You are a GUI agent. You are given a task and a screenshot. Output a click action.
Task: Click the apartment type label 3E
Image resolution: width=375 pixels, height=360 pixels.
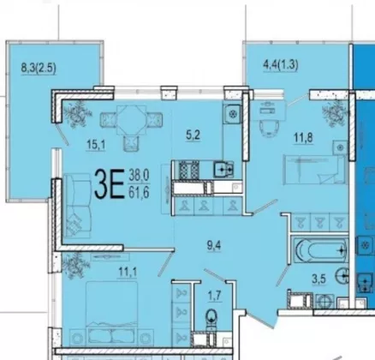pos(110,184)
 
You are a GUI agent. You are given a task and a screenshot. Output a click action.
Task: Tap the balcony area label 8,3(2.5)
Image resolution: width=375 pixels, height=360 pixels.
pos(39,69)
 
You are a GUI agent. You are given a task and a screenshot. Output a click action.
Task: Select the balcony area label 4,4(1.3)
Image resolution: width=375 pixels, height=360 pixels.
pos(281,65)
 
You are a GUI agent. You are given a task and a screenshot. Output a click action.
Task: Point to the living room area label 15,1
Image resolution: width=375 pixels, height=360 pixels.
pos(96,145)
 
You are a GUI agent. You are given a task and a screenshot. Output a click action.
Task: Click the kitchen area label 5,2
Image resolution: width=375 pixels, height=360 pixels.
pos(193,135)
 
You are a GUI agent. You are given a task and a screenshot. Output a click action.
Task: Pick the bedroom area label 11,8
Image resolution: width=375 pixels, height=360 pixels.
pos(303,137)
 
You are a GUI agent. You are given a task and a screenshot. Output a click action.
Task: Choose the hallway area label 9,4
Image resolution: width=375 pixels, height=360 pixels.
pos(214,245)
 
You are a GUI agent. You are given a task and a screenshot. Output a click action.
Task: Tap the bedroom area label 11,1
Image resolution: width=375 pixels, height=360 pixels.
pos(128,272)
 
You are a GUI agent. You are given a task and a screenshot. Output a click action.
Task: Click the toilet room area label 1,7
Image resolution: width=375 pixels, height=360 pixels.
pos(215,296)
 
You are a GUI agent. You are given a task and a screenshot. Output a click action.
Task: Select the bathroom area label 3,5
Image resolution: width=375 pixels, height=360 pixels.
pos(318,279)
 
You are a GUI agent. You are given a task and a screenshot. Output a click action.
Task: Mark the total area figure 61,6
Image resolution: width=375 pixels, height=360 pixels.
pos(139,193)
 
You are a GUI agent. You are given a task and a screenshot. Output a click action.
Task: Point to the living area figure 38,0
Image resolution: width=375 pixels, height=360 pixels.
pos(139,175)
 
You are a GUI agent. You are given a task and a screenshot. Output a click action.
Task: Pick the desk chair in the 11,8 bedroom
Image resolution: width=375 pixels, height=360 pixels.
pos(269,129)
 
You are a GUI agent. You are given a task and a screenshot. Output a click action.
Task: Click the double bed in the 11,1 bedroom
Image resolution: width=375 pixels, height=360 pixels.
pos(112,313)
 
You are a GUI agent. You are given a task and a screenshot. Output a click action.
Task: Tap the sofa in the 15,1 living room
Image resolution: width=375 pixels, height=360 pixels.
pos(77,206)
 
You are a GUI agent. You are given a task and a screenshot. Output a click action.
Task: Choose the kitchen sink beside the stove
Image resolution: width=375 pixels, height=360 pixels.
pos(223,170)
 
